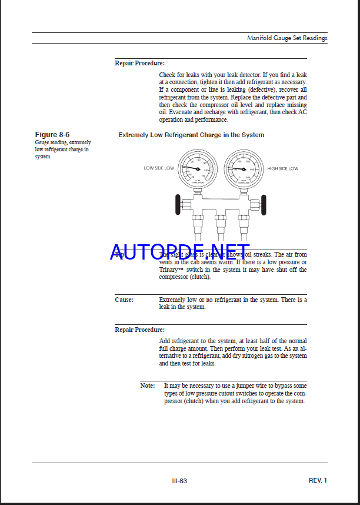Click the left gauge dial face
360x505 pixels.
click(x=195, y=168)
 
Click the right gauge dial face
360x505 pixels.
click(x=244, y=168)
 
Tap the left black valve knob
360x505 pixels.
click(x=178, y=204)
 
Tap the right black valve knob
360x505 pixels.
click(x=262, y=204)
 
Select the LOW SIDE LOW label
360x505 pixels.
click(x=159, y=168)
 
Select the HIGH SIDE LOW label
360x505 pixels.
click(x=282, y=168)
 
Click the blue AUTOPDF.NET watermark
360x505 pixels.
click(x=179, y=252)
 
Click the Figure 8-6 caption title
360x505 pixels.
click(x=52, y=135)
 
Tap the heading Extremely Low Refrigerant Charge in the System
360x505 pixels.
click(x=191, y=135)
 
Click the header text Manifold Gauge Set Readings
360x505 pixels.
click(x=287, y=38)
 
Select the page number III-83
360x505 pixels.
click(x=179, y=481)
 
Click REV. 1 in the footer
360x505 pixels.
click(x=318, y=480)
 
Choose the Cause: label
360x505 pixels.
click(x=124, y=300)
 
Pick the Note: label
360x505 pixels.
click(x=148, y=386)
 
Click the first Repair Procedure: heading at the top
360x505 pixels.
click(x=139, y=63)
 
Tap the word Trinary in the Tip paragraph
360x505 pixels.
click(x=171, y=270)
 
